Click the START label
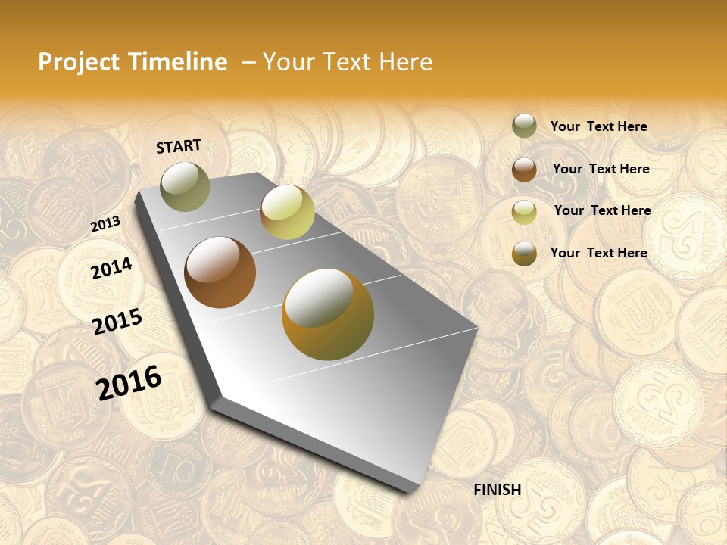pos(179,146)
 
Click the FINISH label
pos(497,490)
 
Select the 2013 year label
pos(106,223)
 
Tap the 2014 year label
pos(112,269)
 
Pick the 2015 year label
pos(117,321)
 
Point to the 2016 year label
pos(129,382)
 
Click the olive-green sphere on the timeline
pos(186,186)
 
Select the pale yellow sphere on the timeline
pos(287,212)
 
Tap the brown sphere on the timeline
pos(220,272)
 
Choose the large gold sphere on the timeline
pos(328,314)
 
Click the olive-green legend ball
pos(524,126)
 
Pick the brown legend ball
pos(524,170)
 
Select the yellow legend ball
pos(524,212)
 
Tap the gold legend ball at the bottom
pos(524,254)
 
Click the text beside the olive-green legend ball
pos(598,126)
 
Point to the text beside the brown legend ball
pos(601,169)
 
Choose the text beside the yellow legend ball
pos(602,210)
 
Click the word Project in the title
pos(80,62)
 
